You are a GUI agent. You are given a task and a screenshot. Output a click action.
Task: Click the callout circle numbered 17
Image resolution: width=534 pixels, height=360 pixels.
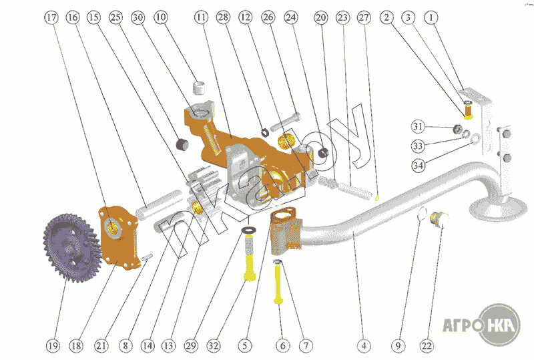pyautogui.click(x=51, y=17)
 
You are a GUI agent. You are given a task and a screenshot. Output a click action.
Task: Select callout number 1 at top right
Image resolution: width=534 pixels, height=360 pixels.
pyautogui.click(x=431, y=17)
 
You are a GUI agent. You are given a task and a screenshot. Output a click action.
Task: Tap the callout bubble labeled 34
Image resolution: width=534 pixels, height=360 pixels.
pyautogui.click(x=419, y=166)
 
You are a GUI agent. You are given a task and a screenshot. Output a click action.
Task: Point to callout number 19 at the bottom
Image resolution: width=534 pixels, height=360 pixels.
pyautogui.click(x=53, y=346)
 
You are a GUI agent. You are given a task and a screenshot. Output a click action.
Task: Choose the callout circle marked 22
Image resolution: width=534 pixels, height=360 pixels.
pyautogui.click(x=427, y=346)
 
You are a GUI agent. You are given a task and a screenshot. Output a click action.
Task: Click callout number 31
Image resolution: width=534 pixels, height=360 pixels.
pyautogui.click(x=418, y=127)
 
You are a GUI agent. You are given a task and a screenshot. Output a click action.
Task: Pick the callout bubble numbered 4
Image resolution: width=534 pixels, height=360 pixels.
pyautogui.click(x=364, y=346)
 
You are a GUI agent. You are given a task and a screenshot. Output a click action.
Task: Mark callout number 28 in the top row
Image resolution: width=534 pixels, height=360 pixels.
pyautogui.click(x=223, y=17)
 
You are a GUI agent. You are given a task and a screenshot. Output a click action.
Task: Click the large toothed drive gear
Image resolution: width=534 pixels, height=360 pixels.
pyautogui.click(x=71, y=248)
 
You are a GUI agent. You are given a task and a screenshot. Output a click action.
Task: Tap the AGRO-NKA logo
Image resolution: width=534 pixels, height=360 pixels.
pyautogui.click(x=481, y=324)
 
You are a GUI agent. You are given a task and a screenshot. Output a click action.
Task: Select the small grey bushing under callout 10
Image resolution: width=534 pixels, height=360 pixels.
pyautogui.click(x=199, y=87)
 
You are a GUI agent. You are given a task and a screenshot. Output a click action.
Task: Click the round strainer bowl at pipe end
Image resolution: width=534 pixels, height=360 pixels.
pyautogui.click(x=493, y=207)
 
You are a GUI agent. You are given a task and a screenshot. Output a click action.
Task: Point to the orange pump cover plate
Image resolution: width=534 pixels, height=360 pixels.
pyautogui.click(x=119, y=238)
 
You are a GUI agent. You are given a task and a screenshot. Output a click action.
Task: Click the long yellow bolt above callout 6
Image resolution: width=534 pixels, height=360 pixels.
pyautogui.click(x=278, y=284)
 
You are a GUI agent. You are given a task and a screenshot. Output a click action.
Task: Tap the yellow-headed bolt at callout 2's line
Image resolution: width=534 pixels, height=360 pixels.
pyautogui.click(x=469, y=112)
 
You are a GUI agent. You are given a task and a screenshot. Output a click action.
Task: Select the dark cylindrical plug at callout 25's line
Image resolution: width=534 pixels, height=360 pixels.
pyautogui.click(x=182, y=144)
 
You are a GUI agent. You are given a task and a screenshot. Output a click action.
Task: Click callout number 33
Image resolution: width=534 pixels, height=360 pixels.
pyautogui.click(x=418, y=146)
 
